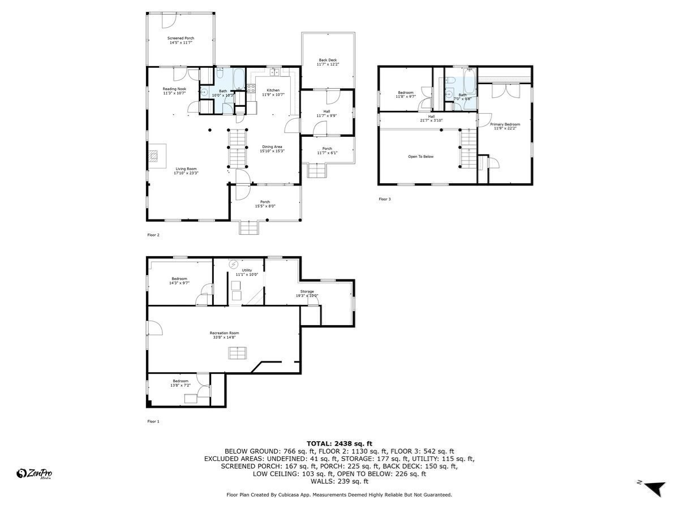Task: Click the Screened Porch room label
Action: click(181, 38)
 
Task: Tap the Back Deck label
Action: click(327, 60)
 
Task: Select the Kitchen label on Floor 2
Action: click(273, 90)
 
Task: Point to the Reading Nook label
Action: click(174, 89)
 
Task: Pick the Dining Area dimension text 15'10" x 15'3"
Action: click(272, 151)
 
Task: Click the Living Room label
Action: click(186, 169)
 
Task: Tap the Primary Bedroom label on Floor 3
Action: click(505, 124)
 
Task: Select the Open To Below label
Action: click(420, 157)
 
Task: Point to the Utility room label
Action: click(247, 271)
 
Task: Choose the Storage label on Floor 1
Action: click(307, 291)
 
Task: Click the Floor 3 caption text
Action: click(384, 199)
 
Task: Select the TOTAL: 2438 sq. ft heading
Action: click(339, 443)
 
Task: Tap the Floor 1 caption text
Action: click(153, 421)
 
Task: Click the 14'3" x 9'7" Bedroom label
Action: click(179, 279)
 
